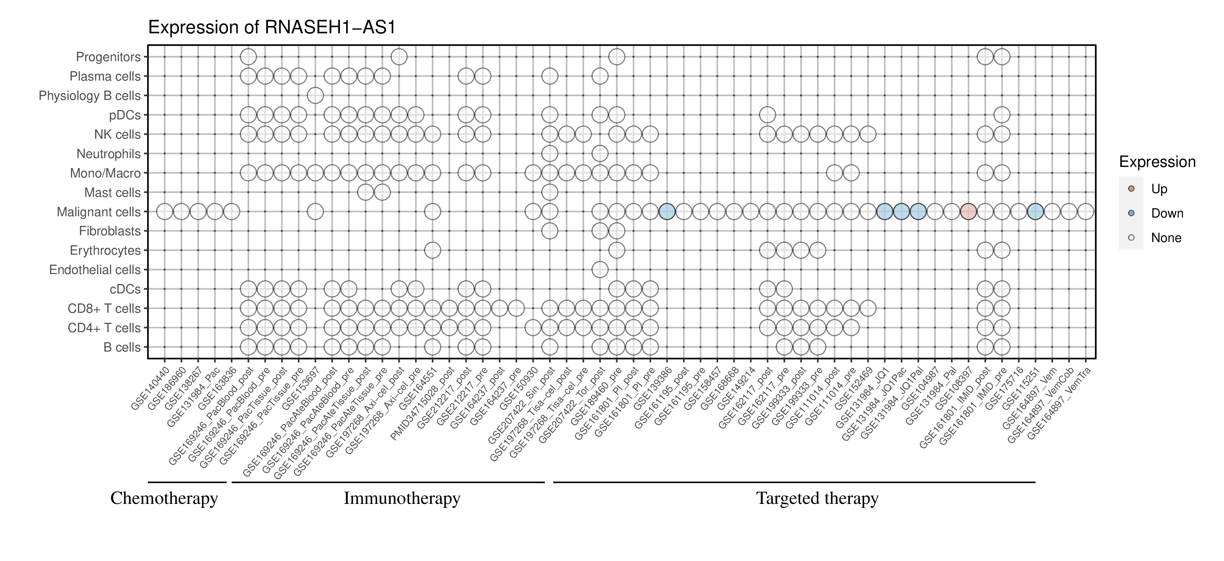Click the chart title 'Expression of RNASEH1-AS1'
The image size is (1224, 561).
[x=272, y=28]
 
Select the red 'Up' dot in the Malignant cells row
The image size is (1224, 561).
[x=968, y=211]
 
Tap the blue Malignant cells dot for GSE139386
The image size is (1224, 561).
[x=667, y=211]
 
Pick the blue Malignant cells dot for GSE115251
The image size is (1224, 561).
[x=1035, y=211]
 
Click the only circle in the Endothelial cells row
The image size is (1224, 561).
[x=600, y=269]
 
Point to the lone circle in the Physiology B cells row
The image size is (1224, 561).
[x=315, y=96]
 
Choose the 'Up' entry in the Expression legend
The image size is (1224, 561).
[x=1159, y=189]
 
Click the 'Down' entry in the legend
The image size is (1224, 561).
[x=1167, y=213]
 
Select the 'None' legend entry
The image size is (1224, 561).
[x=1166, y=238]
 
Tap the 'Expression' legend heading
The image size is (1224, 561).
[x=1157, y=162]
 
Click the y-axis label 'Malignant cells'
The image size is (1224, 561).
[x=99, y=212]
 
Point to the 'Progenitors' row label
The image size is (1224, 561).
[x=108, y=57]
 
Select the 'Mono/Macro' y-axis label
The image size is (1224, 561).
[x=105, y=173]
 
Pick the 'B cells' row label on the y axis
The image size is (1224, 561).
[x=122, y=347]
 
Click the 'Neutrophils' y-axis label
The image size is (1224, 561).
[x=108, y=154]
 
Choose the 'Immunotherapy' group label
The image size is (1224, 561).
[x=402, y=498]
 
